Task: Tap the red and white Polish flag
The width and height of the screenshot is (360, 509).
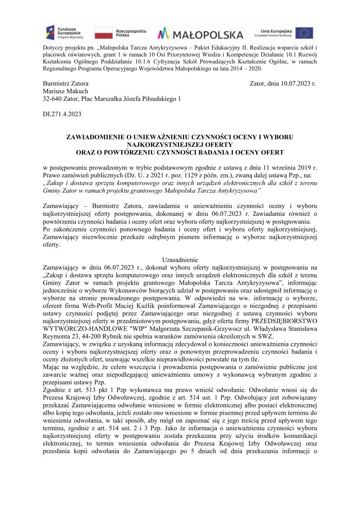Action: click(103, 33)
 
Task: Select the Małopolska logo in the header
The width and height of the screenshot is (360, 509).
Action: click(200, 34)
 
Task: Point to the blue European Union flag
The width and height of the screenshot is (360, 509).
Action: click(304, 33)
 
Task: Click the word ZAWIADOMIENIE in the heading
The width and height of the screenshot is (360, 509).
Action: click(97, 136)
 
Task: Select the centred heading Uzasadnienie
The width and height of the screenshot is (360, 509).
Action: click(180, 260)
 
